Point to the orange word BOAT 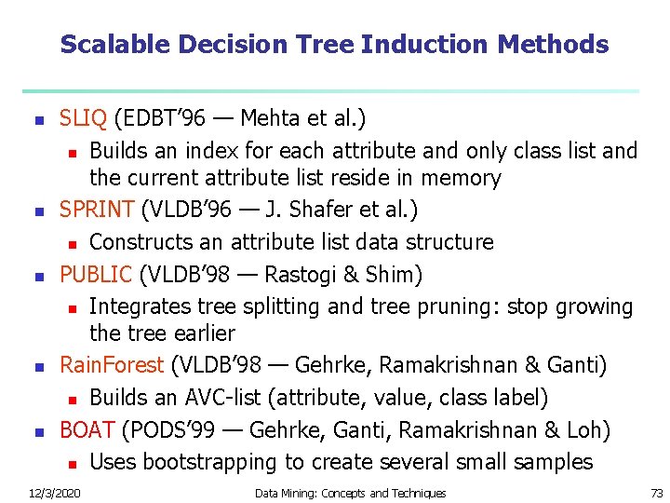click(87, 429)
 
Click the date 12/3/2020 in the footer click(54, 493)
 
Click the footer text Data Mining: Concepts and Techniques click(350, 493)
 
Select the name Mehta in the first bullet click(271, 118)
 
